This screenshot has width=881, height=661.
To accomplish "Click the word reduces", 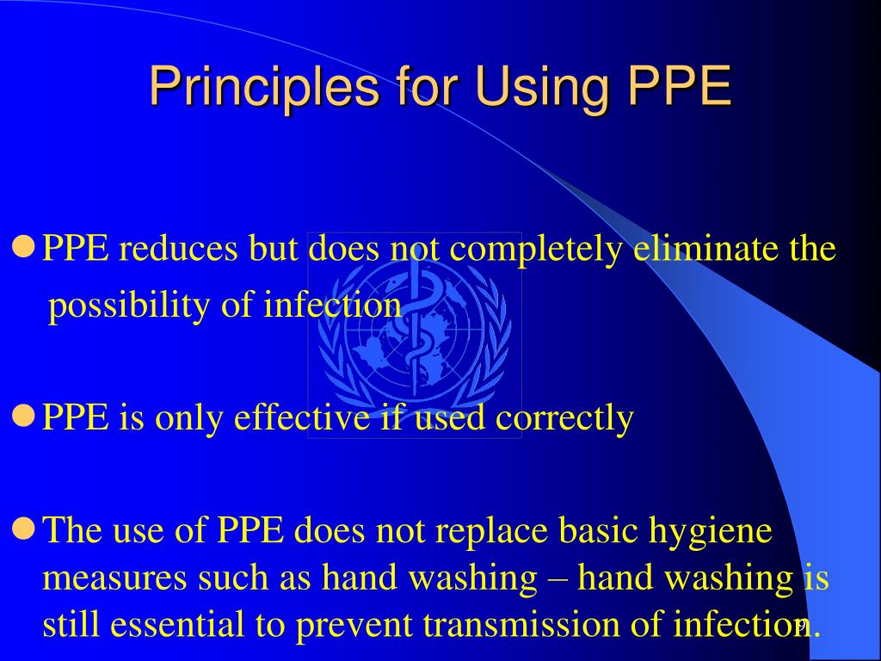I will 178,249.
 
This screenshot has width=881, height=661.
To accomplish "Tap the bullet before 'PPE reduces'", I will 24,249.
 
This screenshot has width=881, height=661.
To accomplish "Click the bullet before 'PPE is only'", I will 24,417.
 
